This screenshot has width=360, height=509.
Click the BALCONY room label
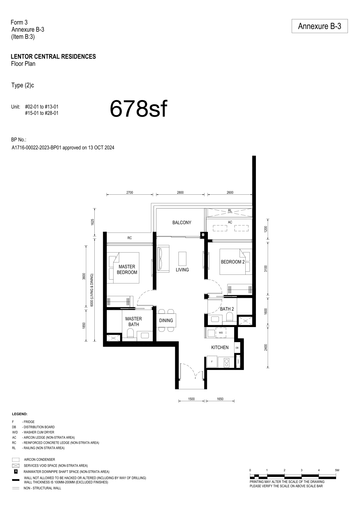point(182,223)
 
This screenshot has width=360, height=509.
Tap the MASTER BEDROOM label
point(127,270)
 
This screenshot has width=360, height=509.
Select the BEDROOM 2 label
point(233,262)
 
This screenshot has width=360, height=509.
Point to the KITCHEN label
point(220,347)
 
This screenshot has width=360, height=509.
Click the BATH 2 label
point(227,309)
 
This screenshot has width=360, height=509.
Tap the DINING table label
point(166,320)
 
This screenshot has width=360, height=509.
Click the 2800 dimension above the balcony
point(180,193)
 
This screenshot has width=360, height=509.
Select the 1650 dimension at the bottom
point(220,399)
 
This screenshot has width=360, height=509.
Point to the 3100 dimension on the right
point(266,269)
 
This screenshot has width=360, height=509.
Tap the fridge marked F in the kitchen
point(212,361)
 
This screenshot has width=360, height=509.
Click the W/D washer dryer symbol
point(221,333)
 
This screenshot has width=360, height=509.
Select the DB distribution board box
point(237,348)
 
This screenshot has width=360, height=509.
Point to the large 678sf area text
point(138,109)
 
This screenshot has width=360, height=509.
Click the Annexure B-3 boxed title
point(319,26)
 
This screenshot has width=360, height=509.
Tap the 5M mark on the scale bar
point(337,470)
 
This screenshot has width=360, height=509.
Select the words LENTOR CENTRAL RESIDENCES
point(54,57)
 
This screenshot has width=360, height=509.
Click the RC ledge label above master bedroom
point(129,238)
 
